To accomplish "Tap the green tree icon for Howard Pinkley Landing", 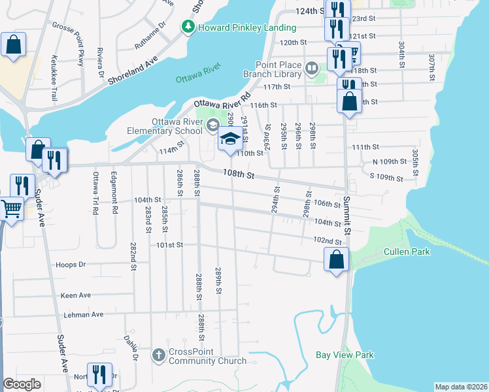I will (x=188, y=27).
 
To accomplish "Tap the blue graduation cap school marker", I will (x=229, y=139).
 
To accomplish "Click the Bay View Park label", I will (x=344, y=355).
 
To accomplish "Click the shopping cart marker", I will (x=11, y=208).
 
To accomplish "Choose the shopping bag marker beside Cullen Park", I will (x=336, y=259).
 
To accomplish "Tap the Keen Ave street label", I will (x=76, y=295).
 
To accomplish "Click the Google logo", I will (x=22, y=384).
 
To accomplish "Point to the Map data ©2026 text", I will (x=461, y=387).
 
